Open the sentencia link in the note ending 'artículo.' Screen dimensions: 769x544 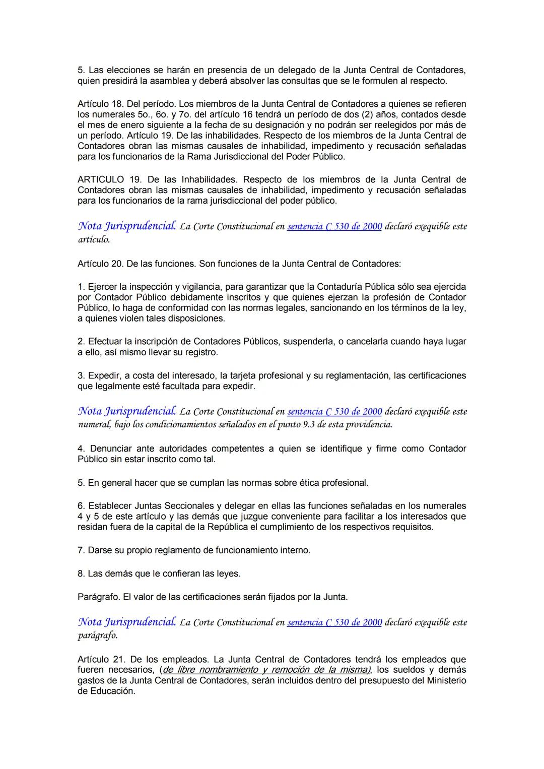(x=334, y=227)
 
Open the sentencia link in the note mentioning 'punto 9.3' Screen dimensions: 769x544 (x=334, y=412)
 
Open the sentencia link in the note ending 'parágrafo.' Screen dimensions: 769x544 (x=334, y=622)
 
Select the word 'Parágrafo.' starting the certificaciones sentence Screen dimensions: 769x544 (x=99, y=597)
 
